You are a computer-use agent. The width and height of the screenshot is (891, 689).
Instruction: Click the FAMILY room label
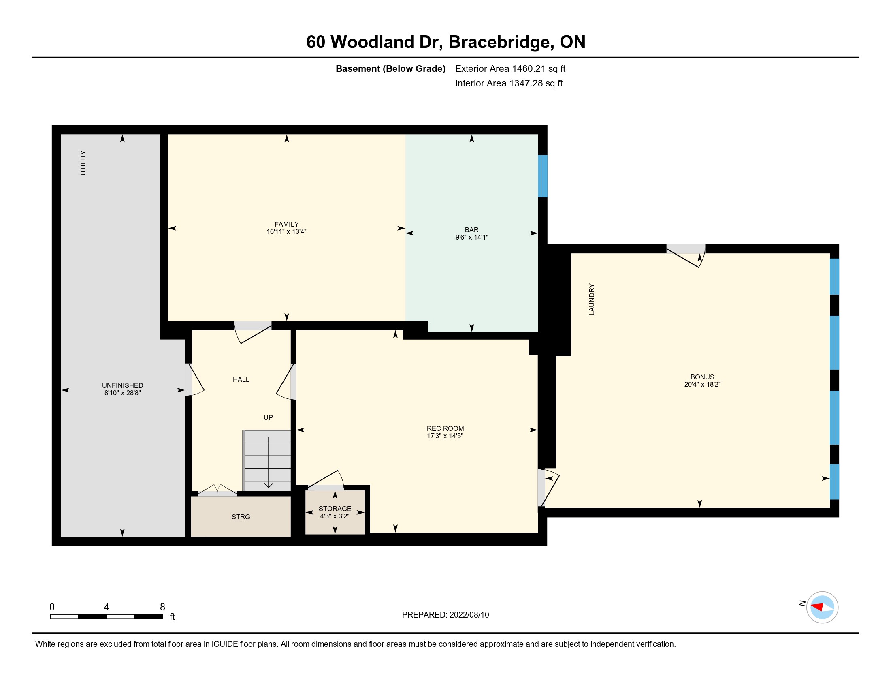tap(286, 224)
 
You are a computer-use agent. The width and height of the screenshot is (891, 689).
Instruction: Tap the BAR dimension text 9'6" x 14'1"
tap(471, 237)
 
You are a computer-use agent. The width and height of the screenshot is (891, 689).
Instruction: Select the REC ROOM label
tap(445, 428)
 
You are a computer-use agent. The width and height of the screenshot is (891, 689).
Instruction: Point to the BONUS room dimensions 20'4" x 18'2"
tap(703, 384)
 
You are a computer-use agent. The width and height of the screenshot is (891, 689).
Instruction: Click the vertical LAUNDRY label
tap(592, 299)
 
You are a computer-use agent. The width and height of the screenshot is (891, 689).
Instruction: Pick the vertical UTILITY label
tap(83, 163)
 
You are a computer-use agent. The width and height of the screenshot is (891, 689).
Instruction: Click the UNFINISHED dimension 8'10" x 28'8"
tap(122, 393)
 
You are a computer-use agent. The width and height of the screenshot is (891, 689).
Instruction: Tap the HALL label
tap(241, 380)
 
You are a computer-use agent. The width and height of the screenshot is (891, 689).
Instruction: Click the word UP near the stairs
tap(268, 417)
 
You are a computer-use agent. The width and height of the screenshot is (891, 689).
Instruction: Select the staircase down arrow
tap(269, 462)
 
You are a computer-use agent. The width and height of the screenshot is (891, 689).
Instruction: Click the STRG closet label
tap(241, 517)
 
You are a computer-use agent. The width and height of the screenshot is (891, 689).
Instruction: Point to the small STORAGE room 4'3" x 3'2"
tap(335, 512)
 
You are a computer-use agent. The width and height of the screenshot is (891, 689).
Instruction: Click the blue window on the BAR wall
tap(543, 176)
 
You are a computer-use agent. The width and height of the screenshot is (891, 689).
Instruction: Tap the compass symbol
tap(822, 607)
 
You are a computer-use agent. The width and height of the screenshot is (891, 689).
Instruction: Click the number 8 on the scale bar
tap(162, 607)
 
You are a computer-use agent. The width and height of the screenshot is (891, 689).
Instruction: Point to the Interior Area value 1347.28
tap(526, 83)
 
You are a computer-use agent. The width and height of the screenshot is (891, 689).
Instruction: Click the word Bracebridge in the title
tap(501, 42)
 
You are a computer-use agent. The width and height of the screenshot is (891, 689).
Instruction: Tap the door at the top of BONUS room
tap(686, 255)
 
